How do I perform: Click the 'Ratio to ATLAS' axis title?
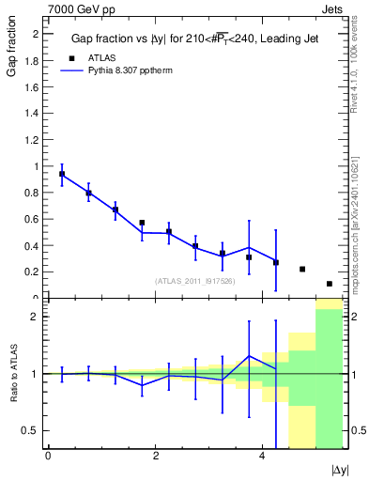point(11,374)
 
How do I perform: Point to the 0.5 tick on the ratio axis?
point(31,430)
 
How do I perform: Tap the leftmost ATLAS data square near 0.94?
point(62,174)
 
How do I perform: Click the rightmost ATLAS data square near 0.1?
point(330,284)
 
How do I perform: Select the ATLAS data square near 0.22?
point(302,269)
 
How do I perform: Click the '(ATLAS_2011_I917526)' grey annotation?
point(194,281)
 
